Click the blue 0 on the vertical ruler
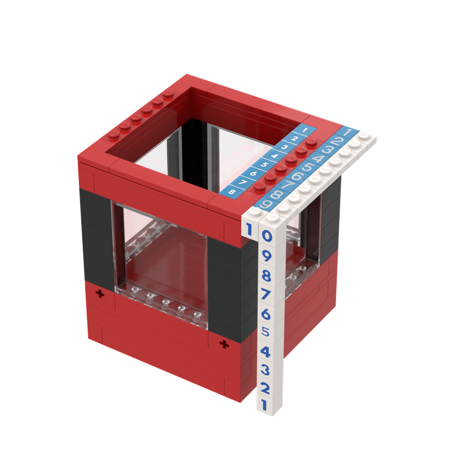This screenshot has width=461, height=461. [x=267, y=236]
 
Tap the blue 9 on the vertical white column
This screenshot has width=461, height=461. [x=267, y=255]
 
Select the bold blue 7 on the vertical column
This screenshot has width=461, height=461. [x=267, y=294]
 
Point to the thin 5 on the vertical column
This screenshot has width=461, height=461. [x=266, y=332]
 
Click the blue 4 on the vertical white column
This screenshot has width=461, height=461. [x=266, y=351]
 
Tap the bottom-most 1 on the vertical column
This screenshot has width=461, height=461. [x=264, y=405]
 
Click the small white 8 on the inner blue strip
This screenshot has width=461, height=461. [x=232, y=191]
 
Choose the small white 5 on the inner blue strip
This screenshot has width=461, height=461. [x=263, y=164]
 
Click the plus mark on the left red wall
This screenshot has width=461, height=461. [x=102, y=294]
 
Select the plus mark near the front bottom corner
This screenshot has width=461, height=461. [x=224, y=344]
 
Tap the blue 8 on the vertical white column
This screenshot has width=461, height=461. [x=267, y=275]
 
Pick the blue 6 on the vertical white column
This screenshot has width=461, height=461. [x=266, y=314]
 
